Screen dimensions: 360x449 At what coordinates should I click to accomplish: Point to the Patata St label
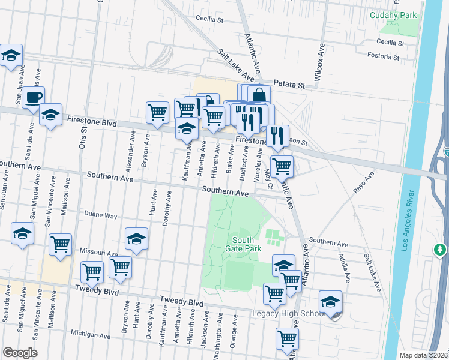click(x=289, y=85)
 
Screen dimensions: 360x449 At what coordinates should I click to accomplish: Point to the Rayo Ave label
click(x=364, y=181)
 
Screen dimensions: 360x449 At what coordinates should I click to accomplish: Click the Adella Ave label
click(x=344, y=268)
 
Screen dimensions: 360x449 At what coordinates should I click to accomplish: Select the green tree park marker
click(x=441, y=248)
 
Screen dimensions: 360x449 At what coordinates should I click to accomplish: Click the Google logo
click(x=19, y=353)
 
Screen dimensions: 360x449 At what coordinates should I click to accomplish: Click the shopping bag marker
click(x=259, y=95)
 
